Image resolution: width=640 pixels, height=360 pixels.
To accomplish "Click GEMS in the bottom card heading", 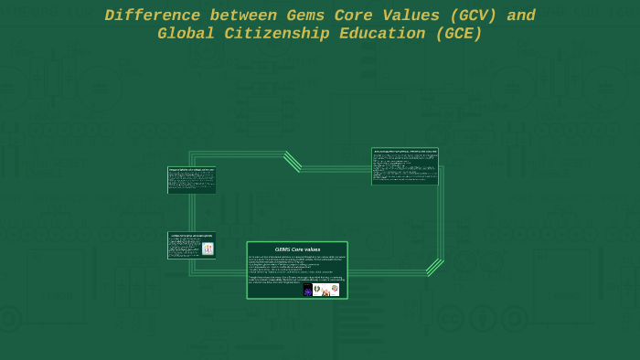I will (283, 249).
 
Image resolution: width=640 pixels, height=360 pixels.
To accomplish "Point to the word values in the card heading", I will (312, 249).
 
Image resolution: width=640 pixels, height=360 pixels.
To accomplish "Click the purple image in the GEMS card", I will (307, 290).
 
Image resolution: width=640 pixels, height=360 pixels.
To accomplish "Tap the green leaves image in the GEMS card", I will (317, 290).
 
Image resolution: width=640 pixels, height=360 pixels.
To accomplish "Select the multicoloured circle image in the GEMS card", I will (335, 288).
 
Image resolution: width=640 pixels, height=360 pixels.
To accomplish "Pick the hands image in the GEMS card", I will (326, 291).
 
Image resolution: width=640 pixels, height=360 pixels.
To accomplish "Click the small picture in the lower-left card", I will (208, 249).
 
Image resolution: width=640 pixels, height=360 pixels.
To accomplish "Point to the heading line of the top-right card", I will (404, 151).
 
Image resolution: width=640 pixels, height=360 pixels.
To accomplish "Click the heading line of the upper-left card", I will (191, 169).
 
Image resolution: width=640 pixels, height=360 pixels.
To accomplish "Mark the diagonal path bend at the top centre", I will (293, 161).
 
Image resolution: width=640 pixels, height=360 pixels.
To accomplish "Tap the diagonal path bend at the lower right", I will (434, 267).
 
